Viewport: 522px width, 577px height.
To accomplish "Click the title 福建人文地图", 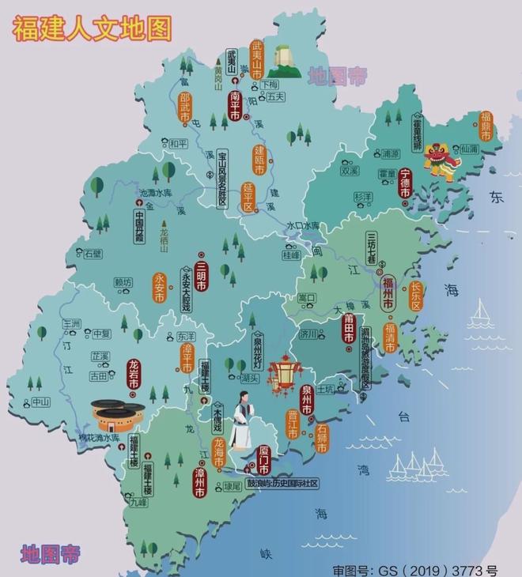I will point(92,28).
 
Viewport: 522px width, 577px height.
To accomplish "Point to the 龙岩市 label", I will point(134,379).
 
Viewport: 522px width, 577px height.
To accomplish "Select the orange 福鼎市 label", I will point(486,126).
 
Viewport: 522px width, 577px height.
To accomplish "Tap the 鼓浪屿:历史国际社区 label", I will point(282,482).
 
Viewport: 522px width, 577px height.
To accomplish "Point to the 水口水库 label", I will point(304,226).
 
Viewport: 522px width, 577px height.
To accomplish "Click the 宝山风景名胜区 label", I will point(222,179).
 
